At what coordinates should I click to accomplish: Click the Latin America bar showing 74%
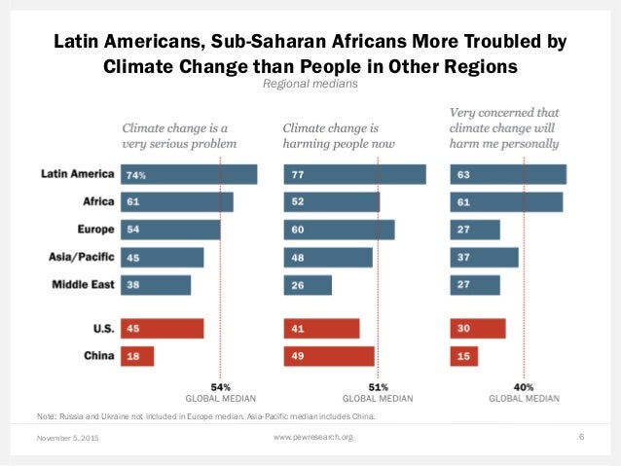pyautogui.click(x=189, y=174)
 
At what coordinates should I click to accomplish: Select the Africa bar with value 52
pyautogui.click(x=331, y=201)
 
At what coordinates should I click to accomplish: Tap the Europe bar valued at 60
pyautogui.click(x=339, y=230)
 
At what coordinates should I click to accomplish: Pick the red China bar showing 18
pyautogui.click(x=137, y=357)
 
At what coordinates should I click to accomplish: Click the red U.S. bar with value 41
pyautogui.click(x=321, y=329)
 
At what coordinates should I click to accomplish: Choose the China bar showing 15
pyautogui.click(x=463, y=357)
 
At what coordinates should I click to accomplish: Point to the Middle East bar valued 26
pyautogui.click(x=308, y=285)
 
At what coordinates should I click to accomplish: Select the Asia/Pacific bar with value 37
pyautogui.click(x=485, y=257)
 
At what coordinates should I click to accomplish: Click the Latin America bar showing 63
pyautogui.click(x=508, y=174)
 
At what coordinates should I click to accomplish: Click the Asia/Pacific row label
pyautogui.click(x=79, y=258)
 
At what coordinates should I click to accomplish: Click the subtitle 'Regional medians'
pyautogui.click(x=310, y=86)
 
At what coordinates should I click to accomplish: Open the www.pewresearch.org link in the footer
pyautogui.click(x=311, y=438)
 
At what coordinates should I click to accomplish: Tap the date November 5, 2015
pyautogui.click(x=69, y=439)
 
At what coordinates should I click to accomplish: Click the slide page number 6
pyautogui.click(x=581, y=437)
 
